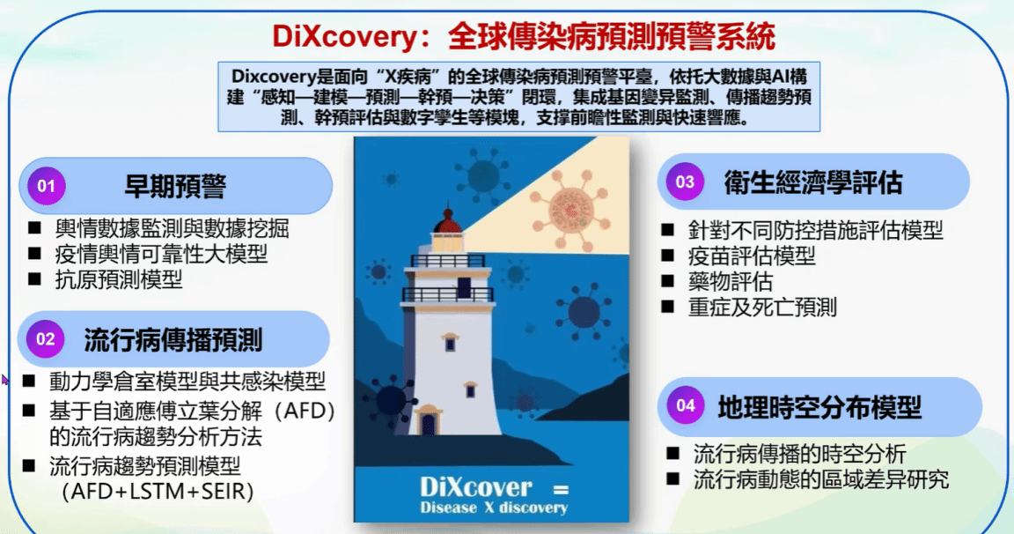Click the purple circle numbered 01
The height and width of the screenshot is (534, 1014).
pyautogui.click(x=46, y=186)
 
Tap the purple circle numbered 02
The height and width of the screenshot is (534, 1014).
pyautogui.click(x=45, y=338)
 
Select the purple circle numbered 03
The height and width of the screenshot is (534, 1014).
pyautogui.click(x=685, y=182)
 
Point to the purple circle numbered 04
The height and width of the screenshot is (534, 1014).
pyautogui.click(x=686, y=405)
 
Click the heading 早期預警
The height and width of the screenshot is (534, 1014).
pyautogui.click(x=175, y=187)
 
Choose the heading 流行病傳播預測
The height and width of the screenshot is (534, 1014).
pyautogui.click(x=173, y=340)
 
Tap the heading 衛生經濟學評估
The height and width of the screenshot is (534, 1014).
pyautogui.click(x=813, y=182)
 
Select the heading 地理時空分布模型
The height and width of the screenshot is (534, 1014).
pyautogui.click(x=819, y=407)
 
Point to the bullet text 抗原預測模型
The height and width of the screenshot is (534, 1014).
pyautogui.click(x=118, y=279)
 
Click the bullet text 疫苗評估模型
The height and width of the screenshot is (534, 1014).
pyautogui.click(x=752, y=256)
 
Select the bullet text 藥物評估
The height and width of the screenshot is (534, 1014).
pyautogui.click(x=730, y=282)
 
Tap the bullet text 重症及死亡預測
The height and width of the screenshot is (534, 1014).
pyautogui.click(x=762, y=307)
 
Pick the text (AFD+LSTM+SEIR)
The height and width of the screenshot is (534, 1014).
pyautogui.click(x=158, y=492)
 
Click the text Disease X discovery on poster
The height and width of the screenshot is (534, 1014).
pyautogui.click(x=494, y=508)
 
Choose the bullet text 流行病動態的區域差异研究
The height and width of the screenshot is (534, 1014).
pyautogui.click(x=821, y=479)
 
